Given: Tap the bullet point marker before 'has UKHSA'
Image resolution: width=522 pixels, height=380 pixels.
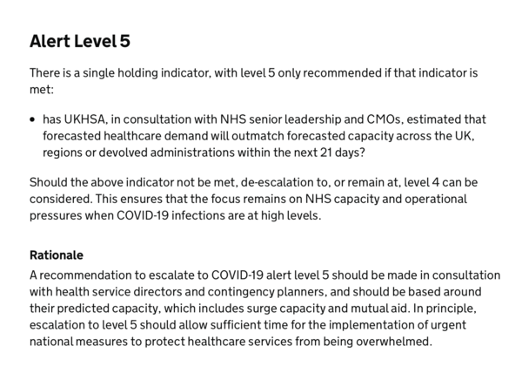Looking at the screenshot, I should coord(33,119).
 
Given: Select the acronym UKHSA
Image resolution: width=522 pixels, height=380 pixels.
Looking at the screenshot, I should coord(90,119).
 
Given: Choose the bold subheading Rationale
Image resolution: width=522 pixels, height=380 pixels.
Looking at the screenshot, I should coord(57,255).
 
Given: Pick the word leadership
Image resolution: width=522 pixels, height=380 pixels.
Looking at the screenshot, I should coord(289,119).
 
